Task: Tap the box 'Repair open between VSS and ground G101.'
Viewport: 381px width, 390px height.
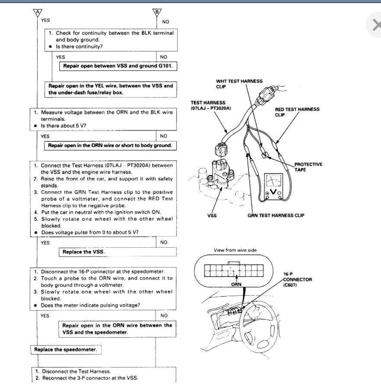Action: [118, 66]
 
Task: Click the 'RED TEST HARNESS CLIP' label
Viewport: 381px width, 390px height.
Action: [297, 112]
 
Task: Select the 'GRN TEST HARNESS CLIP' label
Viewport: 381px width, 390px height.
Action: [276, 216]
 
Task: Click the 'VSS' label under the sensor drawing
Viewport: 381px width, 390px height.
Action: [212, 216]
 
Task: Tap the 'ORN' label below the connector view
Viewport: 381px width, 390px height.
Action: [236, 285]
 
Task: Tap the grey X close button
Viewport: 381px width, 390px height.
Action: [375, 26]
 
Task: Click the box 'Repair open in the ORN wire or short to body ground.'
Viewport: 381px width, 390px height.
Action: [110, 145]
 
